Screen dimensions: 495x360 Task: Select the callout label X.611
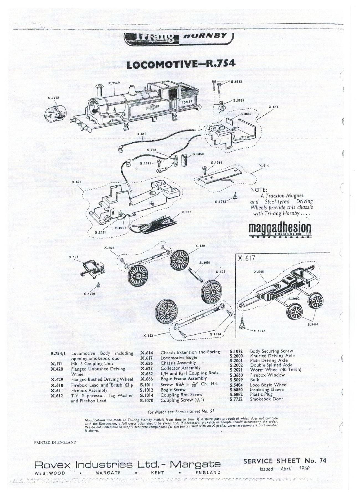(273, 107)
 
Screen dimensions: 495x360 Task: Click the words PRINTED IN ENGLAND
(55, 442)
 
